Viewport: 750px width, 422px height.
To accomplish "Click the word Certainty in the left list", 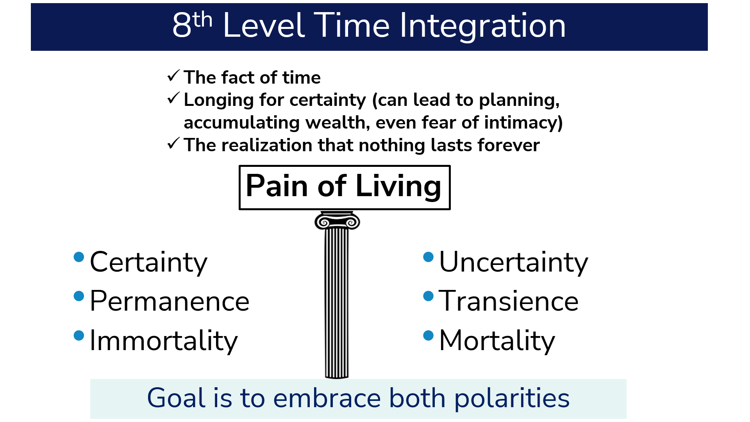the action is (x=148, y=263).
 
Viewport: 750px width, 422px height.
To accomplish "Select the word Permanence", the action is (x=170, y=301).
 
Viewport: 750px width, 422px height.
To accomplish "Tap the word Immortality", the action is (x=164, y=341).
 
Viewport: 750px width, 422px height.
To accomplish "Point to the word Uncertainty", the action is (x=513, y=263).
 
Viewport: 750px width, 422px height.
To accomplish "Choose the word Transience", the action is (x=508, y=301).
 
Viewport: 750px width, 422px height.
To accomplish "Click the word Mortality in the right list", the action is (x=497, y=341).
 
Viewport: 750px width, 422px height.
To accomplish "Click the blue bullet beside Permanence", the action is (x=79, y=296).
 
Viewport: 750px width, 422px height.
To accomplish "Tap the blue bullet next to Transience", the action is (x=429, y=296).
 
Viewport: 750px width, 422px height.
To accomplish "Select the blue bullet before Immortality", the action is (x=79, y=336).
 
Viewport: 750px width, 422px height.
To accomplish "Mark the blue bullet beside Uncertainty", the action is (x=429, y=257).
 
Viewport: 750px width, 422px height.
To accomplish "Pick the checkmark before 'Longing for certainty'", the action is (x=173, y=98).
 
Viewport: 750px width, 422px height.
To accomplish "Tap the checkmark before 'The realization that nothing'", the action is (x=173, y=143).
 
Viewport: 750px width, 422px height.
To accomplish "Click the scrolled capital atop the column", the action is (x=337, y=221).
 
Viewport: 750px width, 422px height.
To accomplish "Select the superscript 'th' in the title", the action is (x=202, y=20).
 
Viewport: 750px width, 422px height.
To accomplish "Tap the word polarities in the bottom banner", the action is (x=512, y=399).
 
